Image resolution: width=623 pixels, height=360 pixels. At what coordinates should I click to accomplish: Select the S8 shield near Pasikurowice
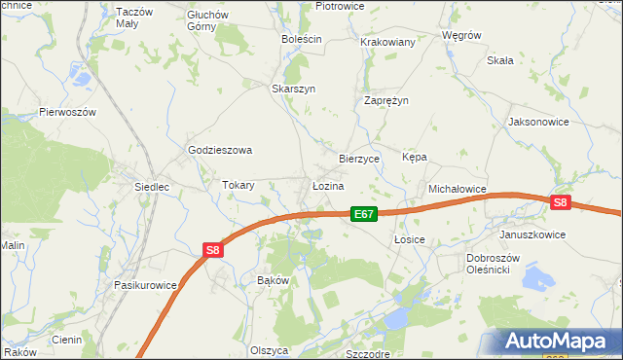[213, 250]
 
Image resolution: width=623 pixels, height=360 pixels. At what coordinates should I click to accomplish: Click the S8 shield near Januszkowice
[559, 202]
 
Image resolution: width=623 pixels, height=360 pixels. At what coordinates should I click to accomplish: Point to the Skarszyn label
[294, 88]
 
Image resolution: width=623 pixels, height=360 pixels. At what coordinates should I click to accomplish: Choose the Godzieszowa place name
[220, 150]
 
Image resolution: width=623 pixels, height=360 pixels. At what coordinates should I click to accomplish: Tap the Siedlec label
[153, 185]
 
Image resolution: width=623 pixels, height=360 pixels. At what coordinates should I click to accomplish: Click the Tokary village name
[238, 185]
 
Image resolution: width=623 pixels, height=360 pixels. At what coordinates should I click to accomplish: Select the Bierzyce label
[358, 158]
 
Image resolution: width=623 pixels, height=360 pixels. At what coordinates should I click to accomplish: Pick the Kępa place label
[415, 157]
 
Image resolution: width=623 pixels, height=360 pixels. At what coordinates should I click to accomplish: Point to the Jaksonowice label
[538, 123]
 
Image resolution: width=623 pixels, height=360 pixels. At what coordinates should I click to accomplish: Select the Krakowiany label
[388, 43]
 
